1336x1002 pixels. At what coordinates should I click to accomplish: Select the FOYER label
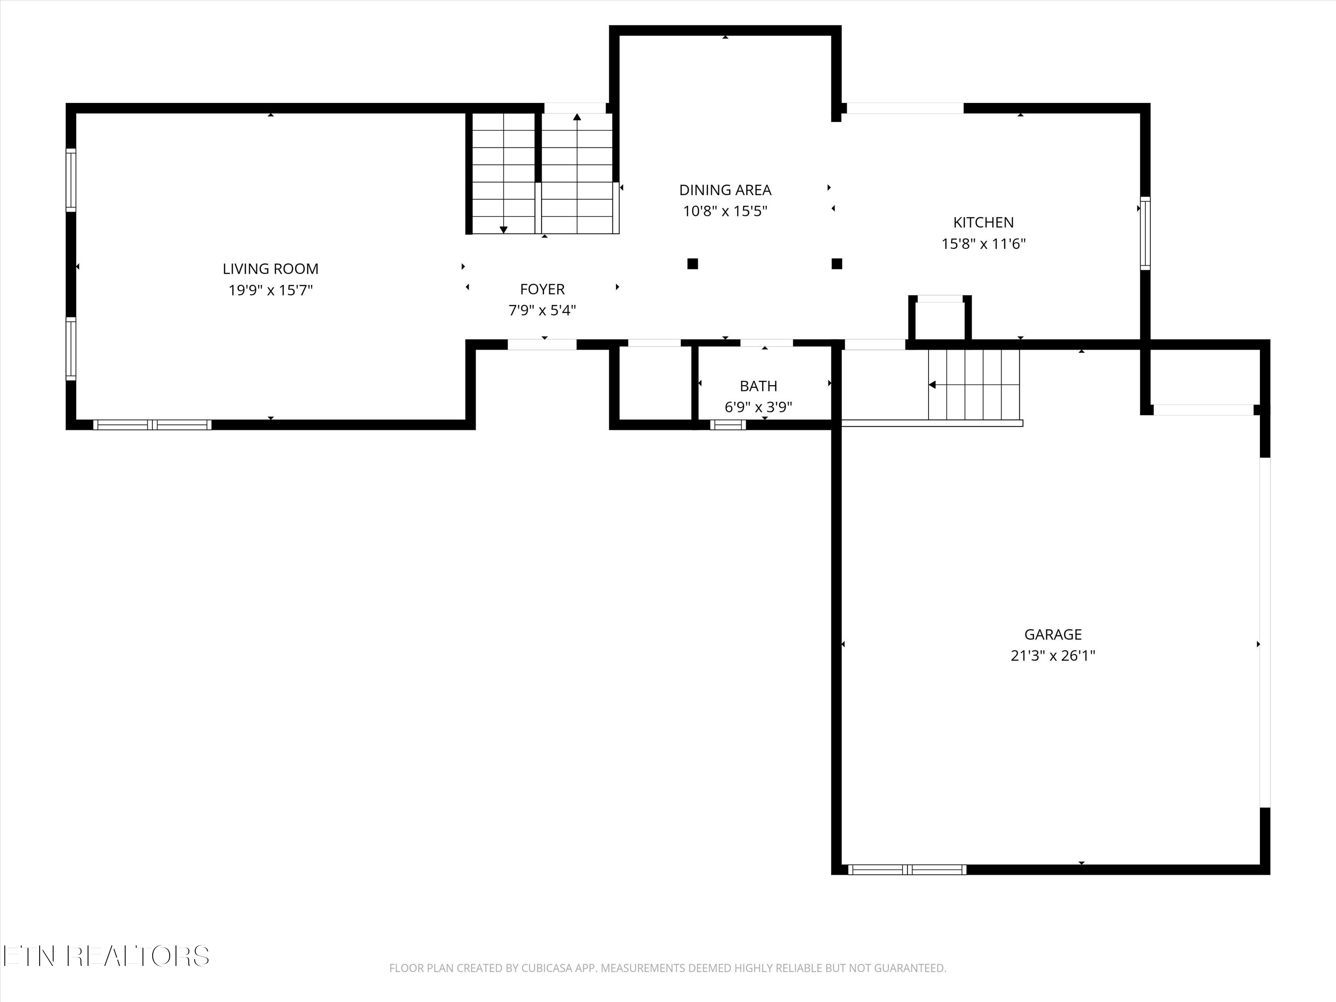(542, 289)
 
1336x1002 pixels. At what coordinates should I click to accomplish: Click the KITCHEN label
(983, 223)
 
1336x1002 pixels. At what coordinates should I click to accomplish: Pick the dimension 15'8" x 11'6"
(983, 244)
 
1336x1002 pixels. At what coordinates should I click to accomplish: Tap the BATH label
(758, 386)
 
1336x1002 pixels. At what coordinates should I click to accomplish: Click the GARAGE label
(1052, 634)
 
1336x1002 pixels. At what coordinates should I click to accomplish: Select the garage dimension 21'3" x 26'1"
(1052, 656)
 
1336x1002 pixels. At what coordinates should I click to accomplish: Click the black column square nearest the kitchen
(836, 263)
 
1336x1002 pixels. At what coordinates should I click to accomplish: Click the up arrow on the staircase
(577, 117)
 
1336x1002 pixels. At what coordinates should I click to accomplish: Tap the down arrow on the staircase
(503, 229)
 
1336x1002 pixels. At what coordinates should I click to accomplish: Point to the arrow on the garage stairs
(932, 385)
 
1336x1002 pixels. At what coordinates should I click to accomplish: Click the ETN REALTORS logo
(106, 956)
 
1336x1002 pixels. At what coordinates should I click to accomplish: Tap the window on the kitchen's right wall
(1145, 232)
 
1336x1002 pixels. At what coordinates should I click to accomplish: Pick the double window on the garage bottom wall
(907, 870)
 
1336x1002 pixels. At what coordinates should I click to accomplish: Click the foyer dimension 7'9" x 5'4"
(542, 310)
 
